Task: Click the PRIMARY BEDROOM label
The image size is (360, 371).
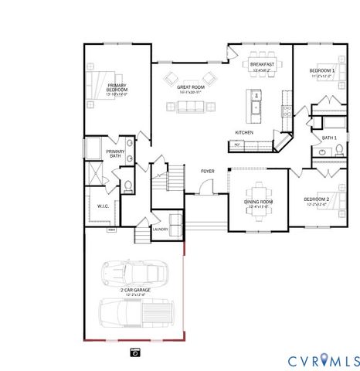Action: [x=117, y=88]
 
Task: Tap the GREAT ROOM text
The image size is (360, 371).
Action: [x=190, y=88]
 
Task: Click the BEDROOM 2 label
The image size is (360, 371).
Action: [x=316, y=199]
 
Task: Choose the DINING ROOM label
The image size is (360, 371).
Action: [x=259, y=202]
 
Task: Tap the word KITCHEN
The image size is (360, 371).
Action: [x=244, y=132]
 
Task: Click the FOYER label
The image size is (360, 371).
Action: [x=208, y=171]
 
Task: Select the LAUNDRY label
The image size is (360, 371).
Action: [x=160, y=229]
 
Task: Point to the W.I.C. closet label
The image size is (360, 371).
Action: [x=104, y=206]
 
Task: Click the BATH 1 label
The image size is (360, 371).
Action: [x=328, y=138]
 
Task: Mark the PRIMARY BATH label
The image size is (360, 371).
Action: [x=115, y=154]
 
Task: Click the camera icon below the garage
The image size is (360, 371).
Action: [x=135, y=352]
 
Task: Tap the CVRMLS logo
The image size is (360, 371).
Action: [x=324, y=360]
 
